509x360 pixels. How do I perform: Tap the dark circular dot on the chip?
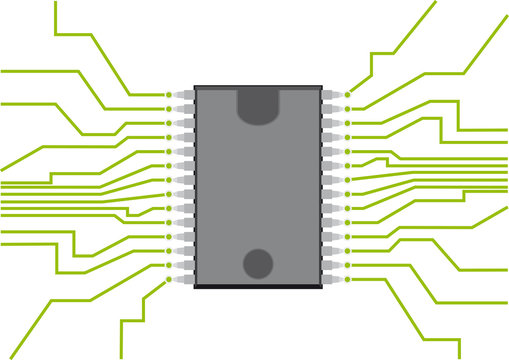pos(258,263)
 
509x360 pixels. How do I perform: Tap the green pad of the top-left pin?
pos(168,94)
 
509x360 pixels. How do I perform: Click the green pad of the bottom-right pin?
pos(348,280)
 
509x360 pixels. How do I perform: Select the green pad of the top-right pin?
pos(348,94)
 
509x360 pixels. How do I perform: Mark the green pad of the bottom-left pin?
pos(168,280)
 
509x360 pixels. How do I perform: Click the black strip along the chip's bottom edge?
pos(258,286)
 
